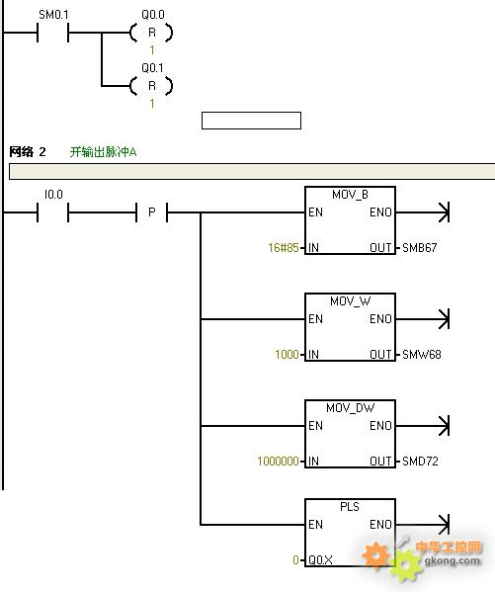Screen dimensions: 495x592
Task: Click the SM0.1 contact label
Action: (x=53, y=15)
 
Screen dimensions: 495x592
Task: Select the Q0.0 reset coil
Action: (x=151, y=33)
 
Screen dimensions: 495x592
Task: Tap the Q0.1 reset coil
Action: (x=151, y=86)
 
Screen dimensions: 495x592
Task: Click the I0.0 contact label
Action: (x=53, y=195)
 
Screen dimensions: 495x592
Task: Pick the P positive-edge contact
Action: (x=152, y=212)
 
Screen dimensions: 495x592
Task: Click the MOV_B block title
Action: (x=350, y=195)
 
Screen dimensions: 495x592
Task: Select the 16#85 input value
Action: (x=284, y=248)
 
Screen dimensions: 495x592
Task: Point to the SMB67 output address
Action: (x=420, y=248)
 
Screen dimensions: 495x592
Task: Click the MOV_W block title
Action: (x=350, y=301)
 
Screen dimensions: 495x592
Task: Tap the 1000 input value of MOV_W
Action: (x=287, y=355)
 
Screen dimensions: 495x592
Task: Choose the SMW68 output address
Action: (x=421, y=355)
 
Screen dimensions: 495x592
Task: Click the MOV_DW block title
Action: (x=350, y=408)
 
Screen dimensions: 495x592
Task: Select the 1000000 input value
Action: (x=279, y=461)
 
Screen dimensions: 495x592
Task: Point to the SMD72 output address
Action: (x=420, y=461)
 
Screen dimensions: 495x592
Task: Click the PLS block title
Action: (x=350, y=507)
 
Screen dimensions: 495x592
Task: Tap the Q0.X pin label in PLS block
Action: (x=320, y=560)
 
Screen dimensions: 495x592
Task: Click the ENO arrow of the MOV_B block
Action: (x=423, y=212)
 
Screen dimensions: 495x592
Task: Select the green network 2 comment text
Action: (x=103, y=152)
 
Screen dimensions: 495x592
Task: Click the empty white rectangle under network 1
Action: (x=252, y=121)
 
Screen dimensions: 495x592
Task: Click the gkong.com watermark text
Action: (x=453, y=560)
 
